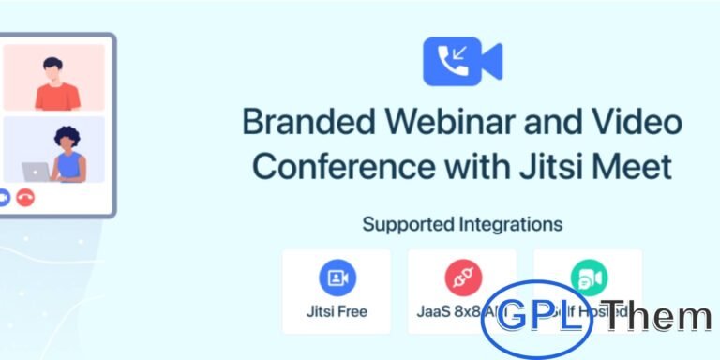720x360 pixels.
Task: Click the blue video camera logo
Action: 462,62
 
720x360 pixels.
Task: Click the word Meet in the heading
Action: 634,167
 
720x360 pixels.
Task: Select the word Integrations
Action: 507,224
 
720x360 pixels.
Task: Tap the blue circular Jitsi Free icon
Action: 337,277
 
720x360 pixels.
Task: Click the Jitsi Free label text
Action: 337,310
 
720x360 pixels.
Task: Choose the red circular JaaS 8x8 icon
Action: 462,277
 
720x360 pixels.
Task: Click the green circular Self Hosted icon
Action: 589,277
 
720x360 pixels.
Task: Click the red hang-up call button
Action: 25,198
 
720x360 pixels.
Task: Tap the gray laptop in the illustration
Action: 37,172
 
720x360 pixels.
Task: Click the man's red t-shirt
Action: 57,96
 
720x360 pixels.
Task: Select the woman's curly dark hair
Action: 69,137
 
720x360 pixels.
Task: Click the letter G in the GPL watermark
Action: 513,317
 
